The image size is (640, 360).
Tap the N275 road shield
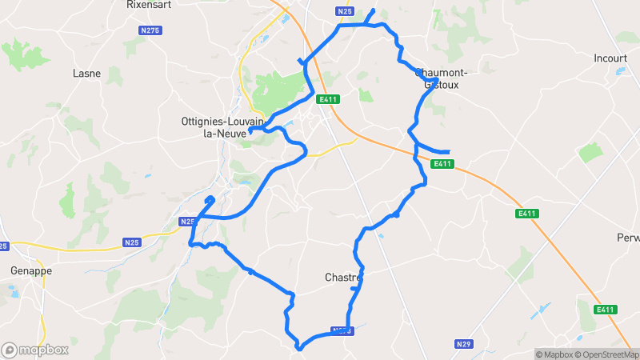pyautogui.click(x=150, y=30)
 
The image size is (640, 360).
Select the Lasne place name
pyautogui.click(x=86, y=73)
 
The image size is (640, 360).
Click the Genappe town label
pyautogui.click(x=31, y=270)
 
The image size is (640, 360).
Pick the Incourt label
pyautogui.click(x=610, y=58)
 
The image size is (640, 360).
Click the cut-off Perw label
pyautogui.click(x=628, y=238)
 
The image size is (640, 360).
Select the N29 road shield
pyautogui.click(x=462, y=344)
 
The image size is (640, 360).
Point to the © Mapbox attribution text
pyautogui.click(x=553, y=354)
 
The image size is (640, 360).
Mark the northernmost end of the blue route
pyautogui.click(x=373, y=11)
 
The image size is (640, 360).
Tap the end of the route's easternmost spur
pyautogui.click(x=449, y=152)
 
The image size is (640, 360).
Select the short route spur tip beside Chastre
pyautogui.click(x=353, y=288)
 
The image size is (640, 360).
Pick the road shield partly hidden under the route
pyautogui.click(x=341, y=330)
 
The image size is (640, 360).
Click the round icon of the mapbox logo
pyautogui.click(x=10, y=350)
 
